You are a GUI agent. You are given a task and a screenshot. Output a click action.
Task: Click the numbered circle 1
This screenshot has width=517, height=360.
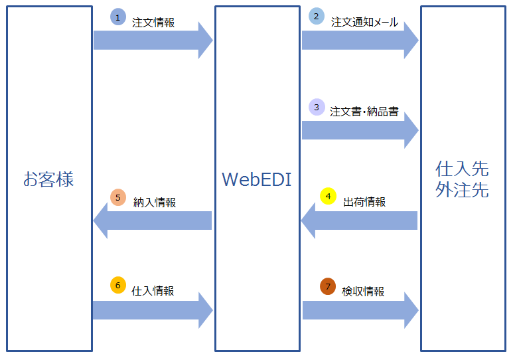click(x=117, y=18)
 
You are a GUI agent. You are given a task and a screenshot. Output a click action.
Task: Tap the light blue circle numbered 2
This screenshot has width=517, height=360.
click(x=317, y=17)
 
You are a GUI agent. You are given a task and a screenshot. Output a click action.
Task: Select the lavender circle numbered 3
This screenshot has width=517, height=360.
click(x=317, y=107)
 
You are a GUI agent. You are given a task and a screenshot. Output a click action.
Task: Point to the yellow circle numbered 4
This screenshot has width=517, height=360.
click(x=329, y=197)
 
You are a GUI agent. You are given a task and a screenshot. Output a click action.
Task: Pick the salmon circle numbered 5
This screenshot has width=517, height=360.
click(x=117, y=198)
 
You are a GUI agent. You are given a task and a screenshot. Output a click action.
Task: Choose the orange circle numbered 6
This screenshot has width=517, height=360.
click(x=117, y=286)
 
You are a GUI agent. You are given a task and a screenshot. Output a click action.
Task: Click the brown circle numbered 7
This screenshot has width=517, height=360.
click(x=328, y=286)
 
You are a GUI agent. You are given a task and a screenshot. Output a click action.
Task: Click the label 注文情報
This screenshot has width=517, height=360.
click(x=153, y=23)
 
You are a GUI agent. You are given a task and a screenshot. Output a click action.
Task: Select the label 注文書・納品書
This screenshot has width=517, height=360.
click(x=364, y=112)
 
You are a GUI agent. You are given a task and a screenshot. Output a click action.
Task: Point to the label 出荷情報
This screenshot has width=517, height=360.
click(x=364, y=202)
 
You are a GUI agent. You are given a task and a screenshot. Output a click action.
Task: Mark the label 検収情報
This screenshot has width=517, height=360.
click(x=363, y=291)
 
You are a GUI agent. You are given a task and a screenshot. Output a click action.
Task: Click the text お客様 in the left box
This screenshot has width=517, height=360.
click(x=48, y=179)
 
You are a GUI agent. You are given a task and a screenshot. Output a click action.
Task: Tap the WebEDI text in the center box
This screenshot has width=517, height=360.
click(x=256, y=179)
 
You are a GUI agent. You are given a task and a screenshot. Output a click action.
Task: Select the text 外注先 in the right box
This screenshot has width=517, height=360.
click(x=462, y=191)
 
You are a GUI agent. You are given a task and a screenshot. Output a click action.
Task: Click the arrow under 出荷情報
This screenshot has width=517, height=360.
click(x=359, y=221)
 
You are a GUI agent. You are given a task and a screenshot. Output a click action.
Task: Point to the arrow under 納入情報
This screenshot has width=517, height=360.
click(x=153, y=221)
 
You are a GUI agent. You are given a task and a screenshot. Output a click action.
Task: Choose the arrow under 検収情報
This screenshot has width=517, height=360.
click(x=360, y=310)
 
